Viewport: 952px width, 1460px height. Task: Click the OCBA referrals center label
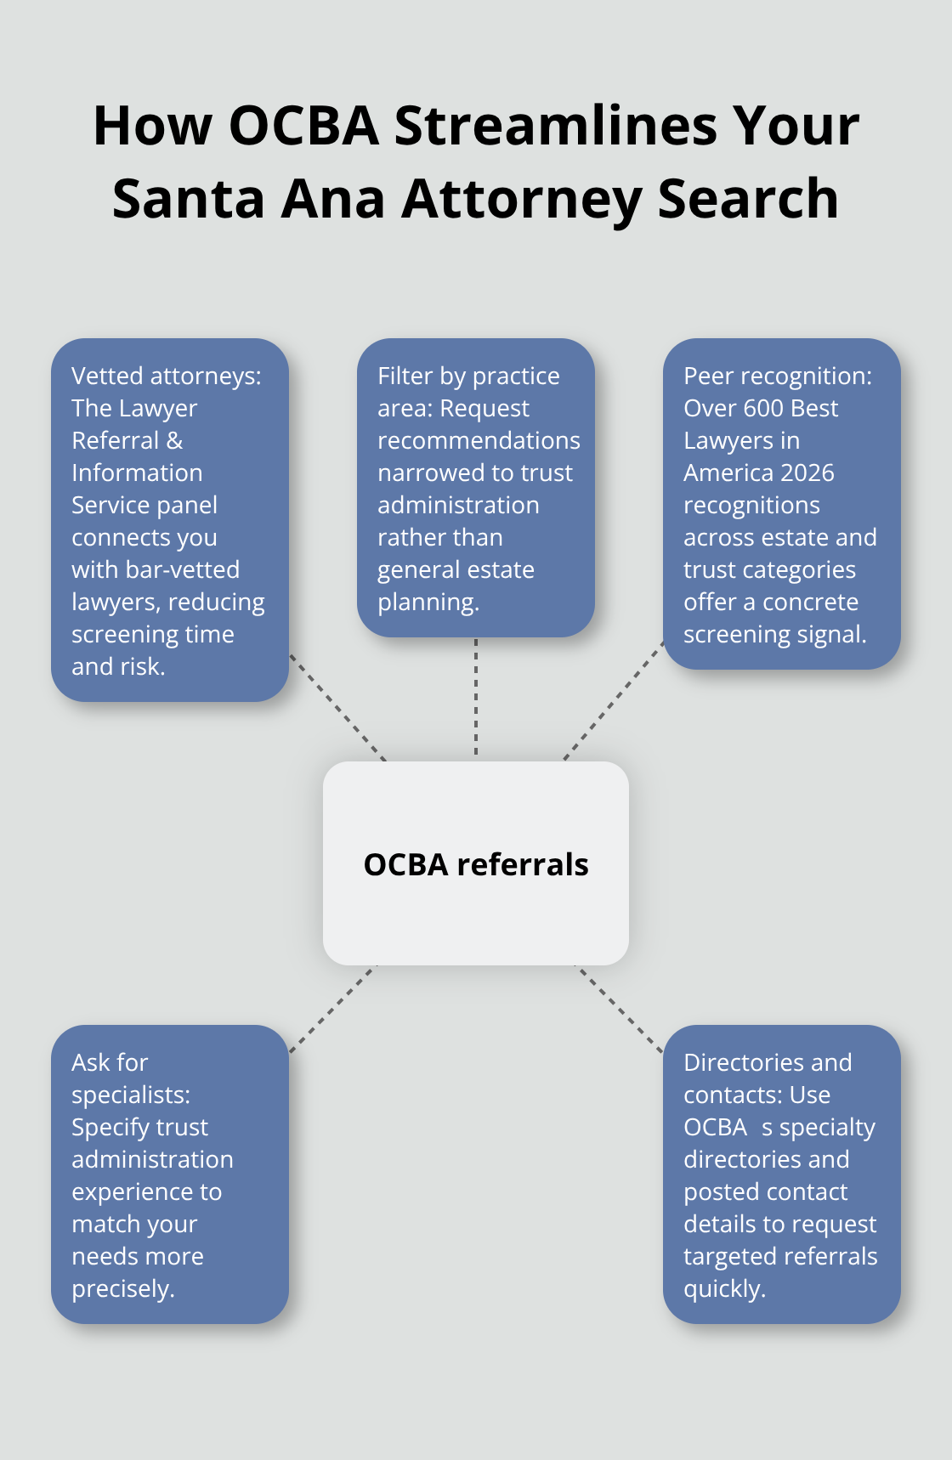pos(476,864)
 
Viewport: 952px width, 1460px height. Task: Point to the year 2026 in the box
pos(807,473)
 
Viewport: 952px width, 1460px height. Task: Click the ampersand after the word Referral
pos(174,441)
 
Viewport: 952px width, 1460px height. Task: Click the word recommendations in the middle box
pos(479,441)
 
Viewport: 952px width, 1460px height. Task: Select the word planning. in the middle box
pos(428,603)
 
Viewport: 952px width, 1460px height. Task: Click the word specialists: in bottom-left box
pos(131,1095)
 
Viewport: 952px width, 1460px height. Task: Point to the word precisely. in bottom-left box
pos(123,1289)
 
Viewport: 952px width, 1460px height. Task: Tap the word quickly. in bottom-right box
pos(724,1289)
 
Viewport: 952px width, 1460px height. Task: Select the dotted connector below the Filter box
pos(476,697)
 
